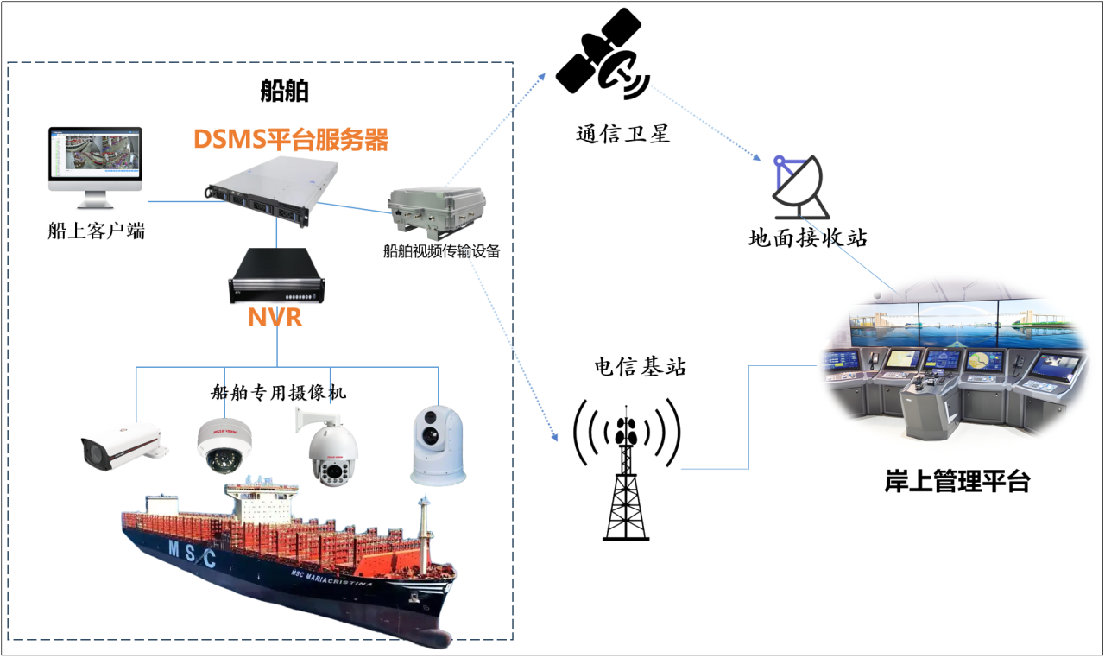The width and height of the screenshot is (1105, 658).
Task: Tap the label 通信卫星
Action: [x=623, y=135]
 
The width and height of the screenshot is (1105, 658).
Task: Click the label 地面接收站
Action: [x=807, y=237]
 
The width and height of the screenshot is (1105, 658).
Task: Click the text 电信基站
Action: [x=640, y=367]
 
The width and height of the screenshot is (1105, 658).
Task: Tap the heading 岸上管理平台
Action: [x=957, y=482]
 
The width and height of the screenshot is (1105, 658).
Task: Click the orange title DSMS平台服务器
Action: [x=290, y=139]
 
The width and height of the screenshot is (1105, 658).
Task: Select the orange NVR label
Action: [x=275, y=317]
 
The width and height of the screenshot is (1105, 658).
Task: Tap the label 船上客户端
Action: [x=97, y=231]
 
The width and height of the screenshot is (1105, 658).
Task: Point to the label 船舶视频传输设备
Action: [x=441, y=251]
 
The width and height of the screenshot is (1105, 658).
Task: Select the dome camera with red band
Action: [x=224, y=446]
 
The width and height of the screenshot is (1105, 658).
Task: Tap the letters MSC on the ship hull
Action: [x=192, y=554]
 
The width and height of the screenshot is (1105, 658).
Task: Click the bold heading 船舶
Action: [x=285, y=92]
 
